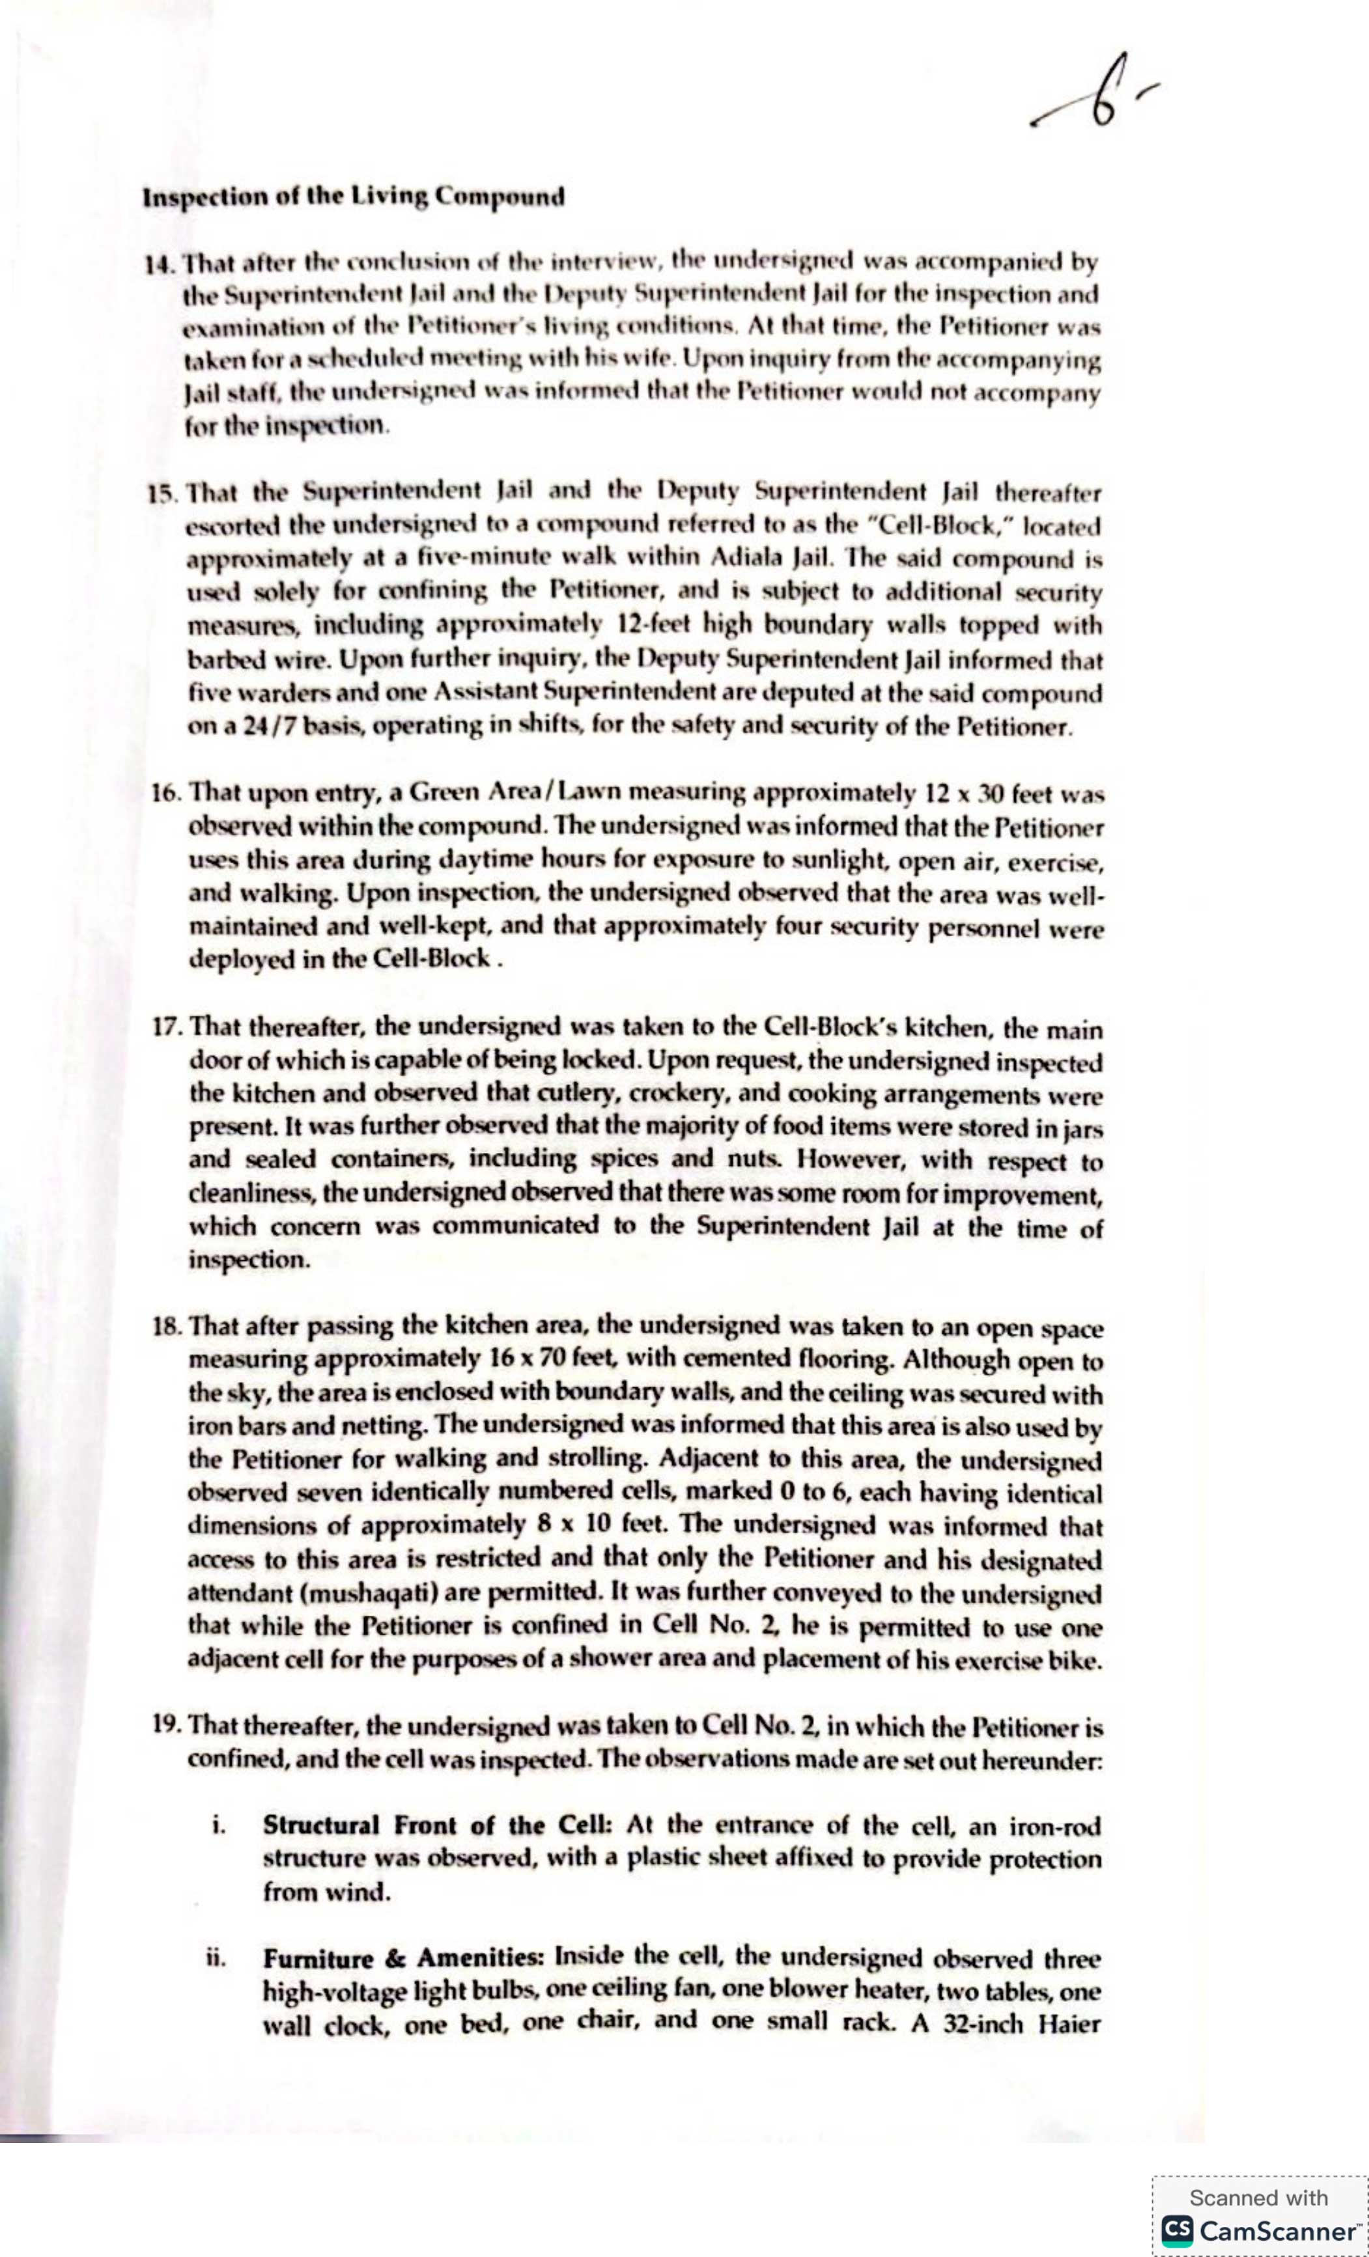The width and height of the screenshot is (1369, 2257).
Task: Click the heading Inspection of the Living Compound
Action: pyautogui.click(x=353, y=197)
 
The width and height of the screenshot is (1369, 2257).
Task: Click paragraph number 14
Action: pyautogui.click(x=160, y=264)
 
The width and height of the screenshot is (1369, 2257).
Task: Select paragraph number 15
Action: pyautogui.click(x=163, y=495)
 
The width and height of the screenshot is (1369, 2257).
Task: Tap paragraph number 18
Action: pyautogui.click(x=169, y=1326)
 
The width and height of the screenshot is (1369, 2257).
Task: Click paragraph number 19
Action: pyautogui.click(x=169, y=1726)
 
